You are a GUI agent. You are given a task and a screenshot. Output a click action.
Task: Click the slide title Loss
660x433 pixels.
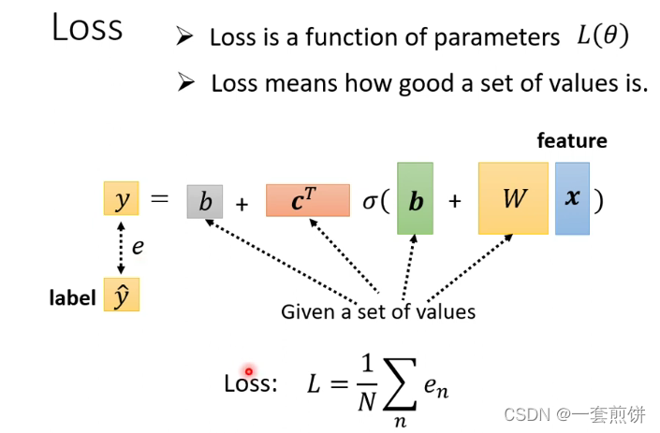pyautogui.click(x=87, y=28)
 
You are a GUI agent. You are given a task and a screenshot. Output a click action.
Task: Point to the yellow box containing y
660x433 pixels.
pyautogui.click(x=121, y=200)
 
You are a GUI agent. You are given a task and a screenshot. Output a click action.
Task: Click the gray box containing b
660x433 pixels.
pyautogui.click(x=205, y=201)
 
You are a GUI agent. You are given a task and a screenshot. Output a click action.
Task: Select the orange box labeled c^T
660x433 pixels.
pyautogui.click(x=307, y=200)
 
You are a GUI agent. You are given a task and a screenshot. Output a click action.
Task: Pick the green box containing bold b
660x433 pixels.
pyautogui.click(x=415, y=199)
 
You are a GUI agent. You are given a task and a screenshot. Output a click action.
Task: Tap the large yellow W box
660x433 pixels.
pyautogui.click(x=512, y=199)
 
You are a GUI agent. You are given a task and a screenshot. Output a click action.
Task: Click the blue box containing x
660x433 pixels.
pyautogui.click(x=572, y=199)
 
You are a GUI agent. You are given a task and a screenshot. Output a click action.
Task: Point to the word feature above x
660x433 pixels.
pyautogui.click(x=572, y=141)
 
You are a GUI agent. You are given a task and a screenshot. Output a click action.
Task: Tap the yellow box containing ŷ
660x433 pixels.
pyautogui.click(x=122, y=296)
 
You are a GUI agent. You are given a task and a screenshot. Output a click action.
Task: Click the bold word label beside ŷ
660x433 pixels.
pyautogui.click(x=73, y=298)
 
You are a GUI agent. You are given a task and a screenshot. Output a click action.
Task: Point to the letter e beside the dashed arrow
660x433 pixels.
pyautogui.click(x=137, y=248)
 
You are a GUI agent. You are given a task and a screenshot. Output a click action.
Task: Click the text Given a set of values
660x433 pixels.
pyautogui.click(x=378, y=311)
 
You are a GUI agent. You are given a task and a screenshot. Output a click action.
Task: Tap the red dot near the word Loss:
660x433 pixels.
pyautogui.click(x=249, y=371)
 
